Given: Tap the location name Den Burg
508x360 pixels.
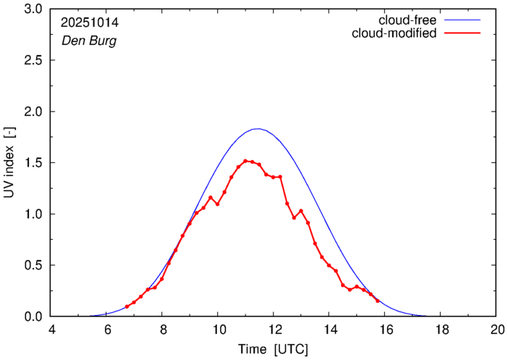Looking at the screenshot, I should click(x=89, y=41).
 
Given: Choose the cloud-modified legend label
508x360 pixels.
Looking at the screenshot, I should click(x=394, y=33).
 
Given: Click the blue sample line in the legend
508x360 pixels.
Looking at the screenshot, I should click(x=463, y=20).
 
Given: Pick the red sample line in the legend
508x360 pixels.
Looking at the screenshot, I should click(x=463, y=33).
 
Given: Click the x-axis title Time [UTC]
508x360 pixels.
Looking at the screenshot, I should click(x=274, y=349).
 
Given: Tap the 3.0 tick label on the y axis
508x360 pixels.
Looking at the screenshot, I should click(x=33, y=9).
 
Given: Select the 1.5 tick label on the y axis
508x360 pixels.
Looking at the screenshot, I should click(x=33, y=163).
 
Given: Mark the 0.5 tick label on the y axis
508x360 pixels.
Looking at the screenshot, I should click(x=33, y=265).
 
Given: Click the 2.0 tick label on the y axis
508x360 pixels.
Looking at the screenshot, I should click(x=33, y=112).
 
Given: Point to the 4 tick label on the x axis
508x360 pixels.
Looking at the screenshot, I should click(x=51, y=328).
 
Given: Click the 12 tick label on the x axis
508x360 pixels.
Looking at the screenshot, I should click(x=273, y=328).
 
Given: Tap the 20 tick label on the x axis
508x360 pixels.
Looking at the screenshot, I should click(x=496, y=328).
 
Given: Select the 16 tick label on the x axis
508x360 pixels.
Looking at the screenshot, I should click(x=384, y=328).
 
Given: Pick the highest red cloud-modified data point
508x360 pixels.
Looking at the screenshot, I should click(x=245, y=161).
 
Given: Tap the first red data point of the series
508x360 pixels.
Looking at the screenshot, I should click(x=127, y=306).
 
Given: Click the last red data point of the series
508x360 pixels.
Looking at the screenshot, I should click(x=378, y=301).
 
